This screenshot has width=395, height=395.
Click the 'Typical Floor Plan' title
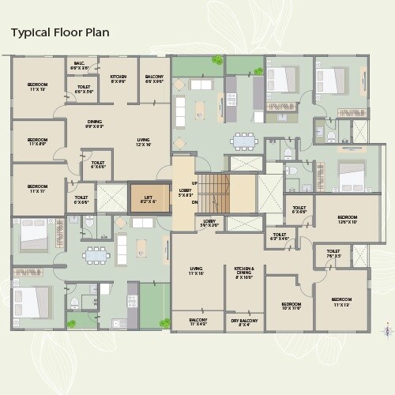pyautogui.click(x=59, y=32)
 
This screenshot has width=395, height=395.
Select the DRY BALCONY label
pyautogui.click(x=246, y=322)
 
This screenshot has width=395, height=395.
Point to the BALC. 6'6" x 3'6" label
pyautogui.click(x=80, y=66)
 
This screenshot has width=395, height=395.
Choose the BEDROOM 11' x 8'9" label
pyautogui.click(x=38, y=142)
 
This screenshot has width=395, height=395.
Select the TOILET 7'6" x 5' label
pyautogui.click(x=333, y=254)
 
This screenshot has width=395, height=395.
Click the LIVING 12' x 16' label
pyautogui.click(x=143, y=142)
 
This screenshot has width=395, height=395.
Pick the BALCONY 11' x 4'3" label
pyautogui.click(x=197, y=322)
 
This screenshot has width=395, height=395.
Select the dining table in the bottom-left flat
pyautogui.click(x=96, y=255)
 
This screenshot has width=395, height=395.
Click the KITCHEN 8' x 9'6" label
pyautogui.click(x=118, y=78)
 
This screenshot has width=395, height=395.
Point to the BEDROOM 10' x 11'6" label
pyautogui.click(x=291, y=307)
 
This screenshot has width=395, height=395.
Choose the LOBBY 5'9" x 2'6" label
pyautogui.click(x=209, y=223)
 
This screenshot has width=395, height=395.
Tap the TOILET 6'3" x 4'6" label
pyautogui.click(x=280, y=236)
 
